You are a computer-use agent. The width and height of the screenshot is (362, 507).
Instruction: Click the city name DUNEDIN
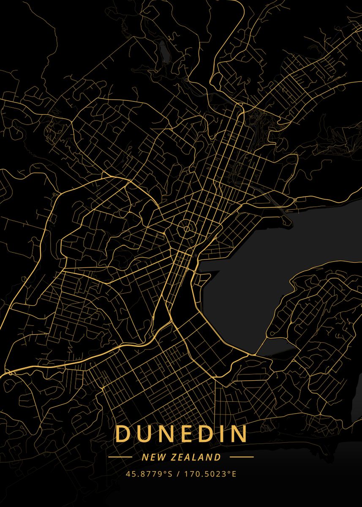pyautogui.click(x=181, y=434)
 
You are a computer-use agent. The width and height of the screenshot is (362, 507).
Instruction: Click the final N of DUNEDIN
pyautogui.click(x=239, y=434)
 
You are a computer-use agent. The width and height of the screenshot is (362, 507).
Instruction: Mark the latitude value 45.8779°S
pyautogui.click(x=150, y=474)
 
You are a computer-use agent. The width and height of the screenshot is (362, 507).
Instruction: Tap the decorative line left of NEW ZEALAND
pyautogui.click(x=120, y=457)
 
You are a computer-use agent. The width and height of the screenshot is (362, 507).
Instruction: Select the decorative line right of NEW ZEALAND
pyautogui.click(x=242, y=457)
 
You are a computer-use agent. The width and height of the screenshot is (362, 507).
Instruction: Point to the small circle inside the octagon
pyautogui.click(x=186, y=229)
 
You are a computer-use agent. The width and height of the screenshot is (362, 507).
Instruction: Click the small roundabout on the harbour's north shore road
pyautogui.click(x=294, y=199)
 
